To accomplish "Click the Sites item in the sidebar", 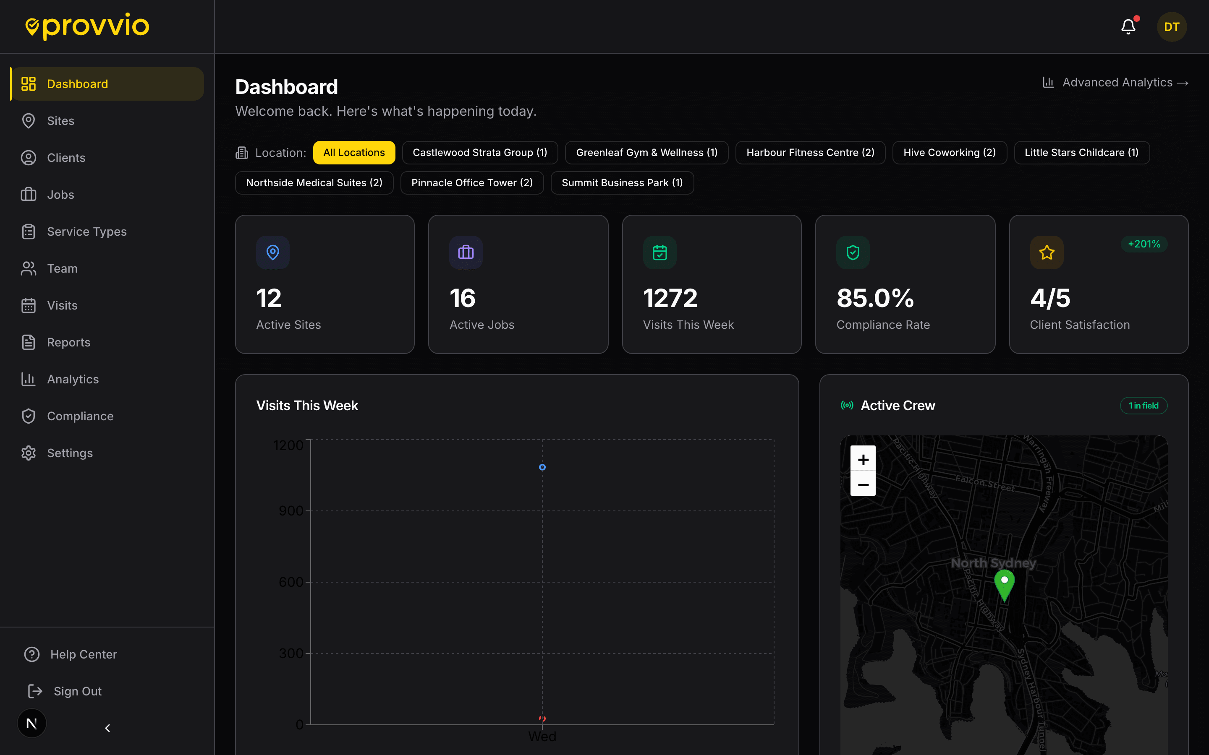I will click(x=60, y=121).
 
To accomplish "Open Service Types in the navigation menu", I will click(x=86, y=232).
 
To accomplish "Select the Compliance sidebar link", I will click(x=80, y=416).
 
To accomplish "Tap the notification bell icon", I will click(x=1128, y=27).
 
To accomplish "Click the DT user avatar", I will click(x=1171, y=27).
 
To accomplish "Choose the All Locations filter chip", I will click(x=354, y=153).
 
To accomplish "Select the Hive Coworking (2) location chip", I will click(x=949, y=153).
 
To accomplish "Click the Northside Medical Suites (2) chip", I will click(x=314, y=183).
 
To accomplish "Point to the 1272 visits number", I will click(x=670, y=298).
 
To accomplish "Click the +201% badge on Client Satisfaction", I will click(x=1144, y=244).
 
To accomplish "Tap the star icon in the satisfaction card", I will click(x=1046, y=253).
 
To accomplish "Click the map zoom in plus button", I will click(x=863, y=459).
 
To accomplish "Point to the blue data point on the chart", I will click(x=542, y=467).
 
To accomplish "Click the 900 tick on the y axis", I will click(x=291, y=511).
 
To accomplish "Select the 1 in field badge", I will click(x=1143, y=406).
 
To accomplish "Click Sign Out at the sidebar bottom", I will click(x=77, y=691).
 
